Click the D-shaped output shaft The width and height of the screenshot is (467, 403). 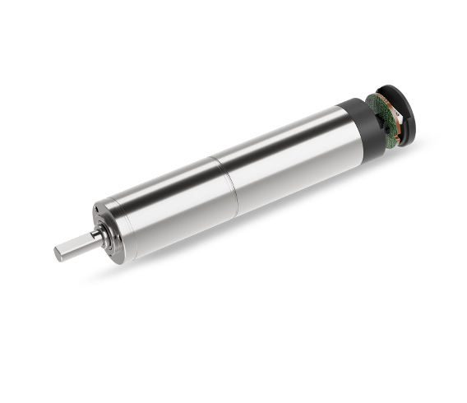click(78, 244)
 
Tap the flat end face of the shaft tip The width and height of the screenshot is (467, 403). click(59, 253)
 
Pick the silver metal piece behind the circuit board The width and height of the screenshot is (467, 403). click(393, 132)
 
